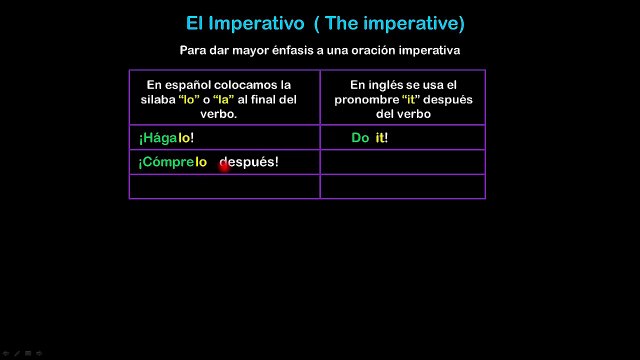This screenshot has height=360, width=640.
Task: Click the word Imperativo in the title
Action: [x=256, y=24]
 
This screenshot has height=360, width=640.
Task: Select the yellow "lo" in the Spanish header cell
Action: [x=189, y=100]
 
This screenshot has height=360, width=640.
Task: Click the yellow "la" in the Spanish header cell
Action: [x=223, y=100]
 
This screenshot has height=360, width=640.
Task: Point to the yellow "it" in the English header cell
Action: [x=411, y=100]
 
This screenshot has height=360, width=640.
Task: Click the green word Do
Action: [x=360, y=138]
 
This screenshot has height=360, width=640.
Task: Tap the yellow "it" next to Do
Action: [x=380, y=138]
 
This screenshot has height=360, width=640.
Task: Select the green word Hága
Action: [x=160, y=138]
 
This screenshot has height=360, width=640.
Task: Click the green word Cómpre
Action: [x=168, y=162]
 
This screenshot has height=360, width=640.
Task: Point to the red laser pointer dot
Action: [x=224, y=166]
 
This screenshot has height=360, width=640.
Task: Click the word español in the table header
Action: [x=188, y=85]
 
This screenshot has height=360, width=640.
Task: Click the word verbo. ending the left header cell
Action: [x=218, y=114]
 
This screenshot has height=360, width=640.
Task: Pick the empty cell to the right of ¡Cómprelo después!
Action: [x=403, y=162]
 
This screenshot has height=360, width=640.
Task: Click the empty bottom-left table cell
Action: [x=224, y=187]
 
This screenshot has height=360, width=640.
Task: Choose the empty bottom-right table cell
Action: [x=403, y=187]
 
